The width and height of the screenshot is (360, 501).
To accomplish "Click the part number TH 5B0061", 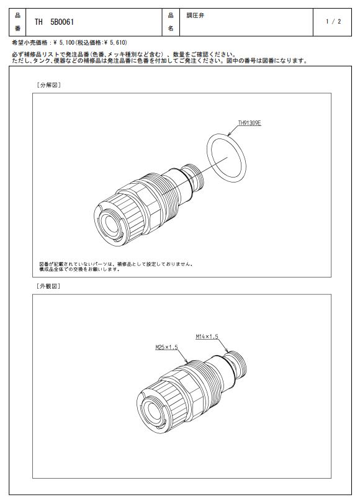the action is pyautogui.click(x=54, y=22).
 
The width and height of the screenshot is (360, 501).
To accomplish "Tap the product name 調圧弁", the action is pyautogui.click(x=195, y=16).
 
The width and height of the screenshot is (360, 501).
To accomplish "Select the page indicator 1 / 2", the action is pyautogui.click(x=333, y=21).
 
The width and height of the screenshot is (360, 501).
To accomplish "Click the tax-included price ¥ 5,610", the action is pyautogui.click(x=117, y=42).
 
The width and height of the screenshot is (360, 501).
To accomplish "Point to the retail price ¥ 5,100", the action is pyautogui.click(x=64, y=42).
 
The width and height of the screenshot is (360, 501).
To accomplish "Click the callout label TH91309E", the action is pyautogui.click(x=250, y=123).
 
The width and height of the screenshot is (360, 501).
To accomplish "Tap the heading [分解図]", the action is pyautogui.click(x=48, y=85).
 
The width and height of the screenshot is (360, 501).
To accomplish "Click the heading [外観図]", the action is pyautogui.click(x=48, y=286).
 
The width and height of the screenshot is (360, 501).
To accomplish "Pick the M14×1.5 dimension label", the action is pyautogui.click(x=207, y=336).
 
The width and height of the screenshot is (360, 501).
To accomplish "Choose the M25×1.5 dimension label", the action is pyautogui.click(x=166, y=347).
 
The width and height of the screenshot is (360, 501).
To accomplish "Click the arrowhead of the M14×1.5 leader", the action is pyautogui.click(x=227, y=351).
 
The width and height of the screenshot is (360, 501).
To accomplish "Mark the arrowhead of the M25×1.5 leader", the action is pyautogui.click(x=187, y=362).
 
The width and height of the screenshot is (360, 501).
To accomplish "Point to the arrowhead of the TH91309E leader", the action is pyautogui.click(x=228, y=135).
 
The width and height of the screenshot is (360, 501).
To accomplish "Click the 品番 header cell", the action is pyautogui.click(x=17, y=22).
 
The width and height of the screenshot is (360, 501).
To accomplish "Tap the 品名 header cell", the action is pyautogui.click(x=171, y=22).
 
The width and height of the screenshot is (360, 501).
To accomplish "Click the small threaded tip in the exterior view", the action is pyautogui.click(x=238, y=364).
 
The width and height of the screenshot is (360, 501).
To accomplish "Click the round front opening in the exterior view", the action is pyautogui.click(x=152, y=412).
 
